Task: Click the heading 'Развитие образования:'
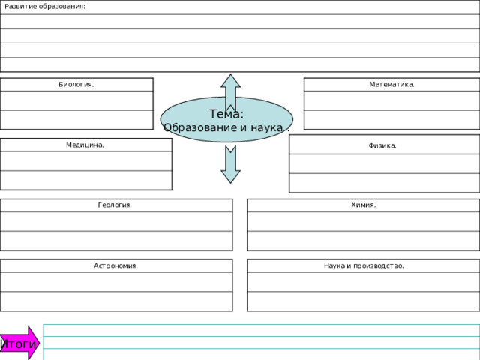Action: click(x=45, y=7)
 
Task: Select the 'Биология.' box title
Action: click(x=76, y=84)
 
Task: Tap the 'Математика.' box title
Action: click(x=391, y=84)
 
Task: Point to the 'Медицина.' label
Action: click(x=85, y=145)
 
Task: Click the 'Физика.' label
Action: click(x=382, y=145)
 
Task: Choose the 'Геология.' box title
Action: click(x=115, y=205)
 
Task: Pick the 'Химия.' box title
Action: click(x=363, y=205)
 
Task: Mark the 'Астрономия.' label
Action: click(x=115, y=265)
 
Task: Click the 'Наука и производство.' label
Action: click(x=364, y=265)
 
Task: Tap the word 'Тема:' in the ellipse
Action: click(x=226, y=114)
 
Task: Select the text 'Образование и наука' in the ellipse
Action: click(x=223, y=127)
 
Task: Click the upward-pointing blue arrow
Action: click(x=230, y=92)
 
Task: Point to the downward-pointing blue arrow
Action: click(x=230, y=165)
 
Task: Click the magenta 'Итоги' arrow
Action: click(x=19, y=343)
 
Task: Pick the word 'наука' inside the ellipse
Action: click(x=267, y=127)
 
